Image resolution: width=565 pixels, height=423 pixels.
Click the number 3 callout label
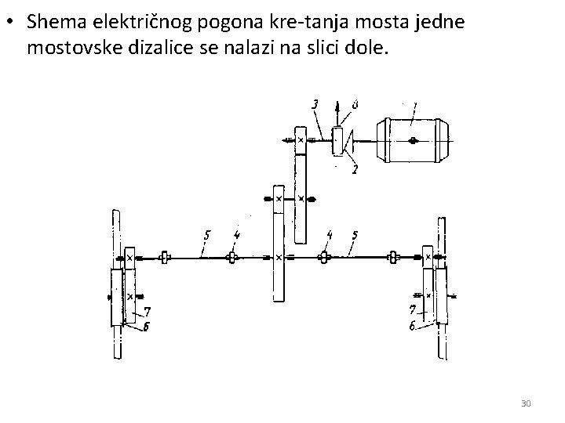tap(315, 103)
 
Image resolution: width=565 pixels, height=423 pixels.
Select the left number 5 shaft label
tap(206, 234)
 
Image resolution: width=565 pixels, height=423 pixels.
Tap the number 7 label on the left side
tap(146, 313)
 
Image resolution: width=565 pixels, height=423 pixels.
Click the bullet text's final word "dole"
tap(368, 49)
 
